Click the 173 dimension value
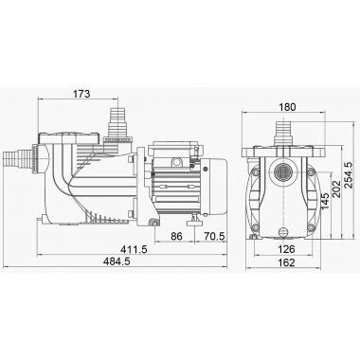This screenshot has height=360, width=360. tap(81, 94)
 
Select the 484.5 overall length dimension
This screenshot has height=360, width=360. tap(117, 261)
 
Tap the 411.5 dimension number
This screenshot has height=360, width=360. tap(134, 249)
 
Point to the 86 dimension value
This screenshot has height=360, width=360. tap(176, 236)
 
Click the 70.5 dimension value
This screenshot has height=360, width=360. tap(214, 236)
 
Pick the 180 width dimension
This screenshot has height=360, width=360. tap(287, 107)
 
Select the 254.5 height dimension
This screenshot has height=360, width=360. tap(348, 175)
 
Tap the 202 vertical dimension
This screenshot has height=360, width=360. tap(336, 189)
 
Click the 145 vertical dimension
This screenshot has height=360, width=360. tap(325, 201)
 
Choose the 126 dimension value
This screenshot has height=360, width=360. tap(287, 249)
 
